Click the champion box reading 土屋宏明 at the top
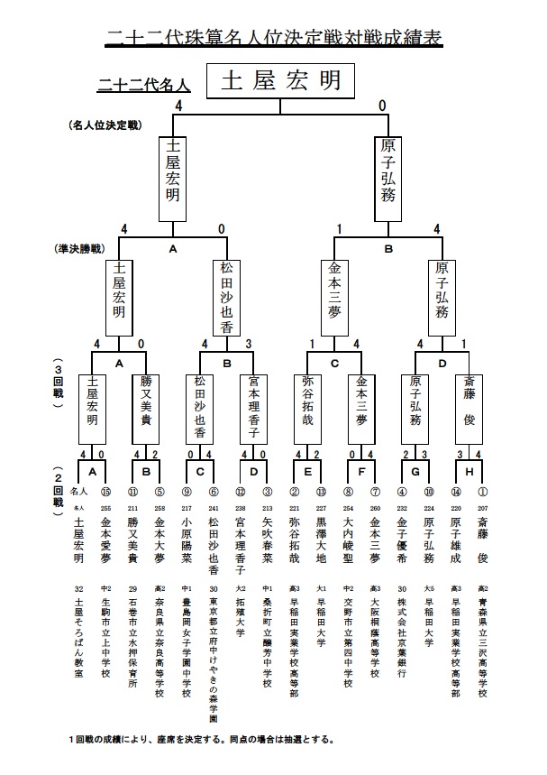tap(280, 80)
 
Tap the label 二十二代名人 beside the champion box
tap(144, 86)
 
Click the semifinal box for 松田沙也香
tap(226, 296)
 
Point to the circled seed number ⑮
tap(105, 492)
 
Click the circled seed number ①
tap(482, 492)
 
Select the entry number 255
tap(105, 508)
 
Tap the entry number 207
tap(482, 508)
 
